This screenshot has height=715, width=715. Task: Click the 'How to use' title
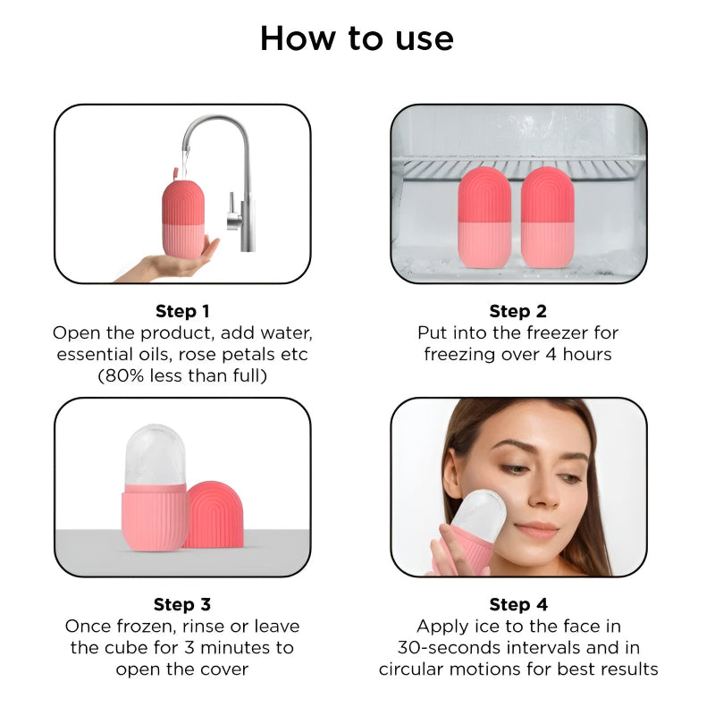357,38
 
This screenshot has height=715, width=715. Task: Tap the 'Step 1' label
182,311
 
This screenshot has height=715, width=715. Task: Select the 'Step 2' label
517,311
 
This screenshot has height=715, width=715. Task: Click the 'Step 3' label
182,605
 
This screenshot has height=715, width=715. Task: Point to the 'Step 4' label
517,605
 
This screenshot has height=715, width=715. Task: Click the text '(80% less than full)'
182,375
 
